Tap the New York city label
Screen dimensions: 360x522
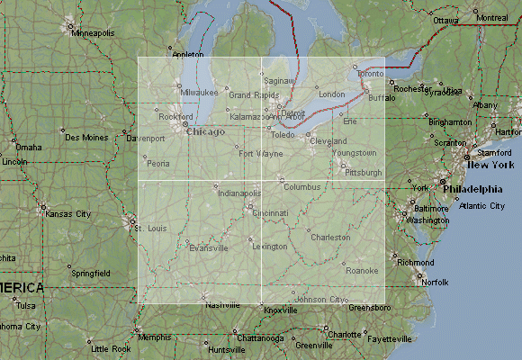pos(490,166)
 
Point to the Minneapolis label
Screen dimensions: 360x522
pos(94,33)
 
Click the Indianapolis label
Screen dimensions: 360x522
pos(238,193)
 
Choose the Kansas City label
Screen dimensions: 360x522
pos(69,214)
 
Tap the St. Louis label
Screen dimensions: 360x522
pos(152,229)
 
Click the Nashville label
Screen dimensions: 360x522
pos(221,305)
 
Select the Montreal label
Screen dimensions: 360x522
pos(490,18)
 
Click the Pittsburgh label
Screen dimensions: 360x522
pos(364,172)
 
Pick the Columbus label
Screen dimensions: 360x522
pos(301,187)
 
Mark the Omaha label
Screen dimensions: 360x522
pos(28,147)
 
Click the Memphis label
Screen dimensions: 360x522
pos(155,337)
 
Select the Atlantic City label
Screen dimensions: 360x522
pos(481,206)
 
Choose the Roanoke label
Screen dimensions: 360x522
pos(362,270)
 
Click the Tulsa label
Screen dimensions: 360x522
pos(26,305)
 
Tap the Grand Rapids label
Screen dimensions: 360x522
pos(251,95)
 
